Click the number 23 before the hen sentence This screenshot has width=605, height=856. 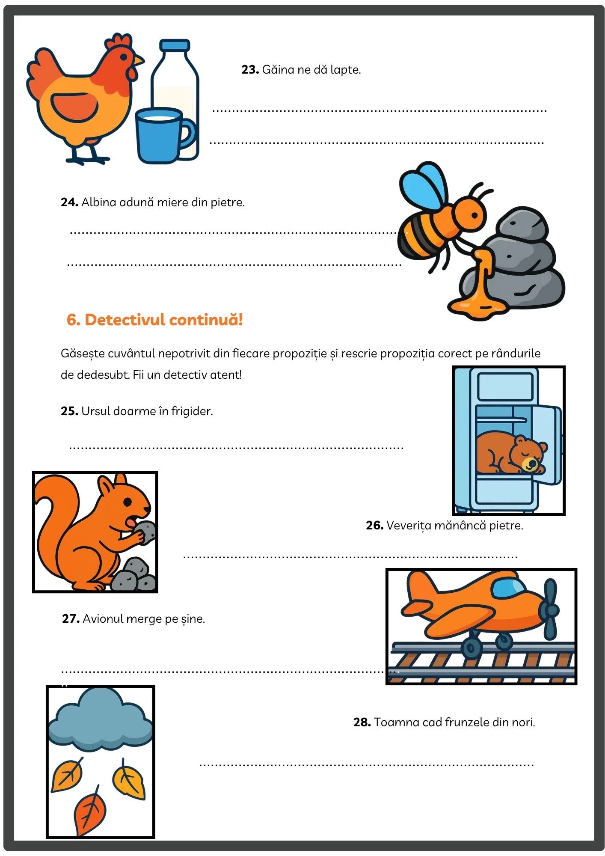(x=250, y=69)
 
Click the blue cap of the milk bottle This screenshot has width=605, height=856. (x=175, y=45)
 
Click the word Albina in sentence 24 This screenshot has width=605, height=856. (x=98, y=202)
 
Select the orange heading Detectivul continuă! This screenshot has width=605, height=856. (x=154, y=320)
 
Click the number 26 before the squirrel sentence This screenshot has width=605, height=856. (x=374, y=525)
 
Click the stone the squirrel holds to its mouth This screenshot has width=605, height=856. (x=145, y=532)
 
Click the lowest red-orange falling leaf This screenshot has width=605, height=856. (x=89, y=810)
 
